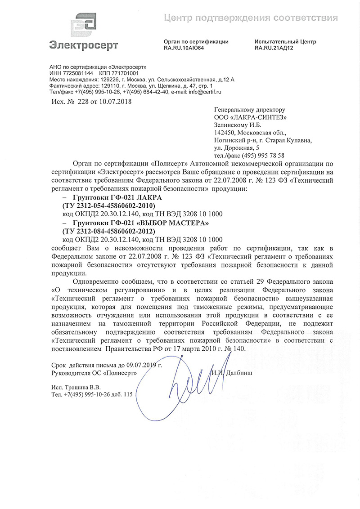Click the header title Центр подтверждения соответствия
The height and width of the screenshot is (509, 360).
(250, 18)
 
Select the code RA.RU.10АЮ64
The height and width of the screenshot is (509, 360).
(184, 48)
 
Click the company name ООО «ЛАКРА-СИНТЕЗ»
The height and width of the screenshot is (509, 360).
(251, 117)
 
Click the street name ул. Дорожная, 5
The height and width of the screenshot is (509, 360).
(237, 147)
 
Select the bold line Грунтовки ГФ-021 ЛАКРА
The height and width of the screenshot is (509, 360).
(114, 198)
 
